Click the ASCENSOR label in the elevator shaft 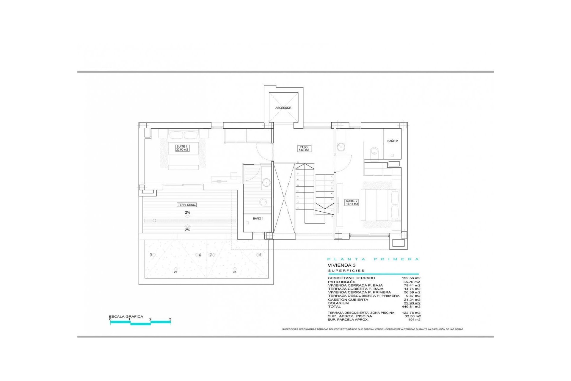click(283, 108)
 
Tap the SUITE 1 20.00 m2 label click(182, 148)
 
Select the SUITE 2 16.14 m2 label click(352, 202)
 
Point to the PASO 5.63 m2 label click(304, 149)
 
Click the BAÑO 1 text click(258, 218)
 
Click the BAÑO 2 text click(392, 141)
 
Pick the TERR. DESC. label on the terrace click(187, 205)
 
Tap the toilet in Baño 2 click(373, 152)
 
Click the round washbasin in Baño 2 click(341, 147)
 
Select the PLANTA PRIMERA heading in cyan click(373, 259)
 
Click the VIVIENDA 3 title click(341, 265)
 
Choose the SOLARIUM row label click(338, 303)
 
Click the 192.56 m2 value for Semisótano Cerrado click(411, 278)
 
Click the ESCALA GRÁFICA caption click(126, 316)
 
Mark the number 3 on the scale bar click(170, 319)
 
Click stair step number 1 click(332, 177)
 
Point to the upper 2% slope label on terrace click(187, 213)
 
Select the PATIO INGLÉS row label click(341, 282)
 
